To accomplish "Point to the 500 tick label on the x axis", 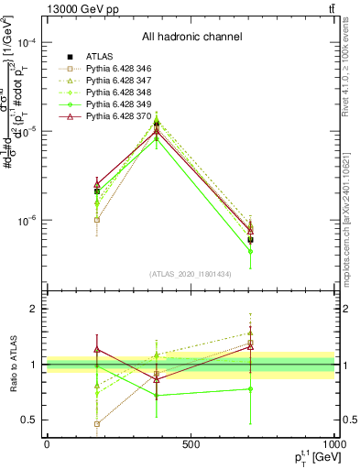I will click(x=191, y=443).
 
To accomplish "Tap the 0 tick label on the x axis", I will click(x=47, y=443).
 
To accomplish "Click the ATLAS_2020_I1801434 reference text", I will click(x=191, y=274).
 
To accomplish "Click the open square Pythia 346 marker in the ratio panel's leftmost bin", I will click(x=97, y=423).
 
